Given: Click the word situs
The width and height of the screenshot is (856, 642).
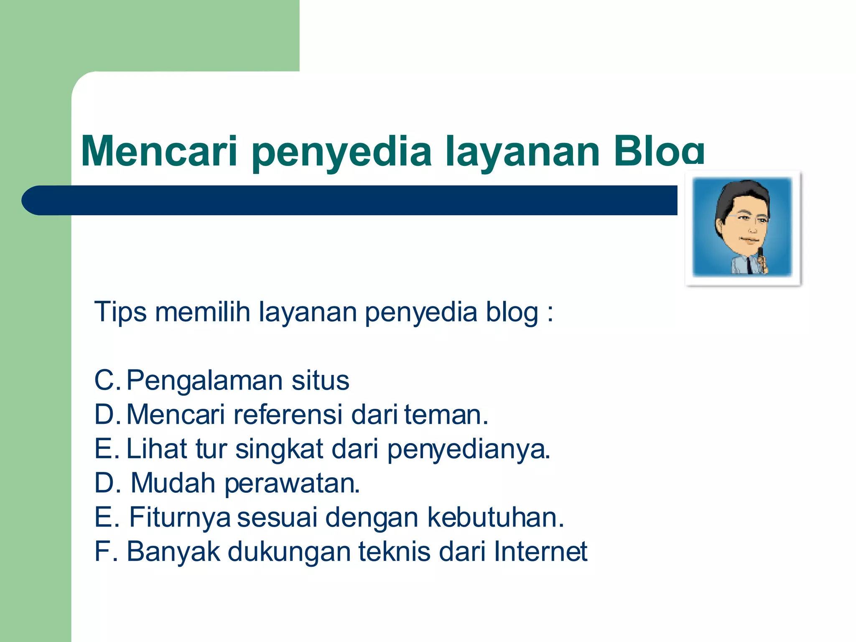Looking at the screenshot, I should [x=320, y=380].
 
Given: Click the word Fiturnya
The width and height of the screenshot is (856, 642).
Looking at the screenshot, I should [x=180, y=517].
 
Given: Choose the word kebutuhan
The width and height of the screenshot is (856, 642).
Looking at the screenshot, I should [x=495, y=517].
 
